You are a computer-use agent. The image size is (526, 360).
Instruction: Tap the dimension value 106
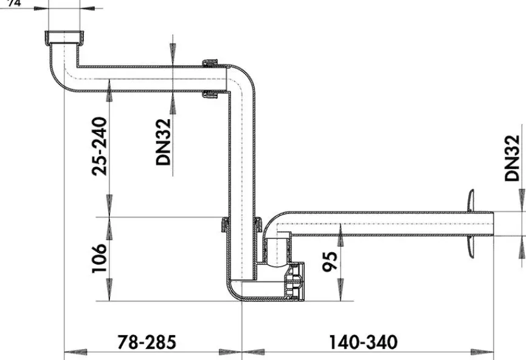[x=99, y=258]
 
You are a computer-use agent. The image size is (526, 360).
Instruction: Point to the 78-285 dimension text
[x=146, y=342]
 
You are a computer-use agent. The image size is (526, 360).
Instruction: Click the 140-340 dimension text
[x=363, y=342]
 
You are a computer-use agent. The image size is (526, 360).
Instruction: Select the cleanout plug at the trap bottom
[x=295, y=283]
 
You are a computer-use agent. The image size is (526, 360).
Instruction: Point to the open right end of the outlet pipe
[x=493, y=224]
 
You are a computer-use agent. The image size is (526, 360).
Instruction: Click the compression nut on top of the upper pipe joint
[x=210, y=63]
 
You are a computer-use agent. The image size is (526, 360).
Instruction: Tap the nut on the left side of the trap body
[x=224, y=225]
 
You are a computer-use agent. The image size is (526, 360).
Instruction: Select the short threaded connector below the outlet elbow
[x=278, y=249]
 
